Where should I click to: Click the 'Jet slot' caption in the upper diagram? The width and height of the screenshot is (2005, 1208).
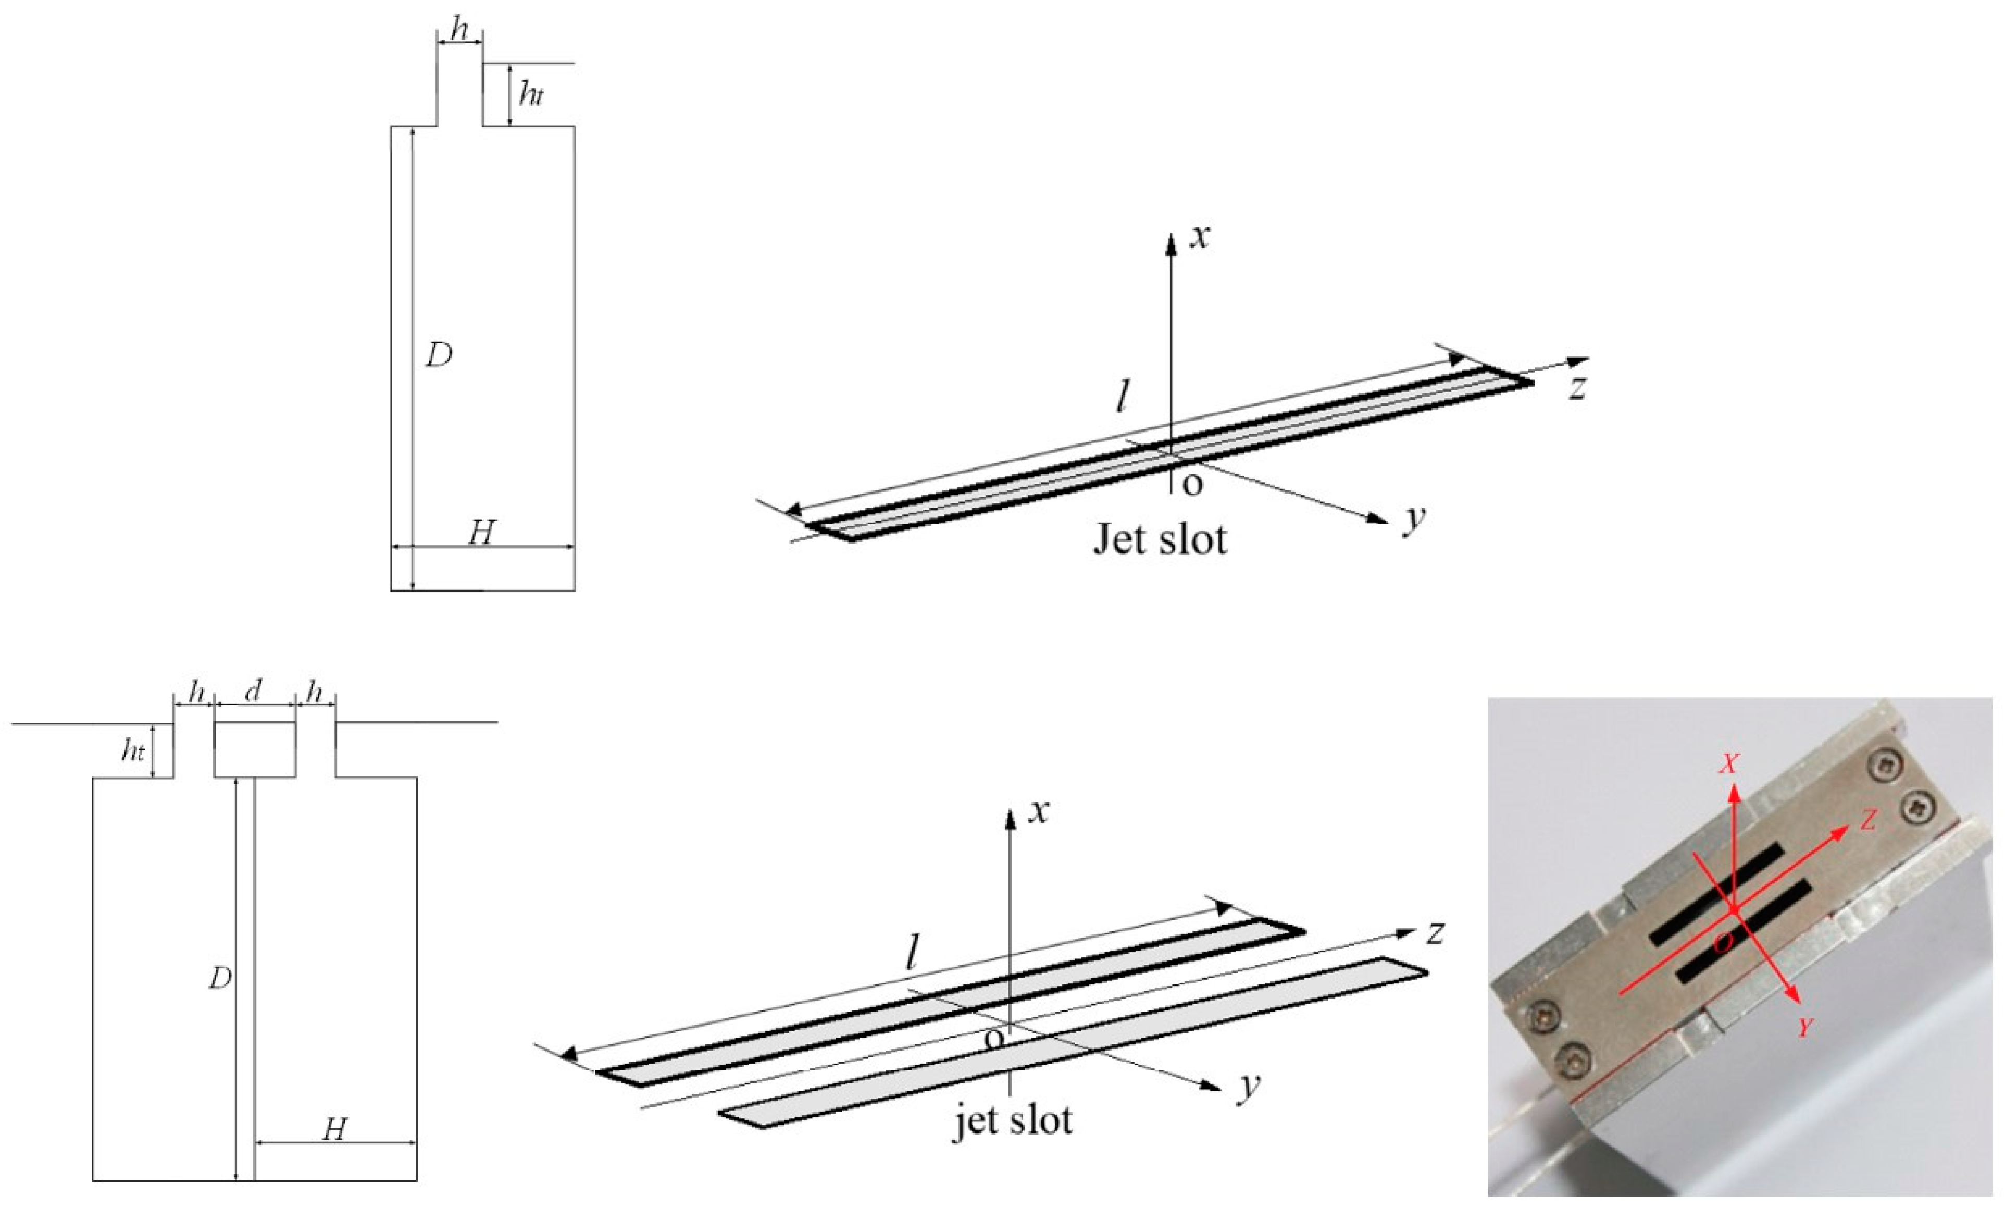[1160, 539]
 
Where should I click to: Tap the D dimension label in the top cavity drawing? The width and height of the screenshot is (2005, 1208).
[440, 355]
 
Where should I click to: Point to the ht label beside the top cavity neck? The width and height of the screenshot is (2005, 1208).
[530, 95]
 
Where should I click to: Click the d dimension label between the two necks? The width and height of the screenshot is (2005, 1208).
[254, 692]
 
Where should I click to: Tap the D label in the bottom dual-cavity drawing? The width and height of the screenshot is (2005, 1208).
[220, 979]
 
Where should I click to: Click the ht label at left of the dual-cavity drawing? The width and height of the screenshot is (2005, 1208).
[133, 750]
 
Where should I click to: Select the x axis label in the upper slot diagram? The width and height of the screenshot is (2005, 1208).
[1199, 237]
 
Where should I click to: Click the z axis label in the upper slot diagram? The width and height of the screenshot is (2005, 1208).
[1577, 388]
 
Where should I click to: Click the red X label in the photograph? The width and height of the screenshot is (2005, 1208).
[1729, 763]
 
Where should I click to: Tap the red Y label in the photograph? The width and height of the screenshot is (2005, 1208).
[1805, 1028]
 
